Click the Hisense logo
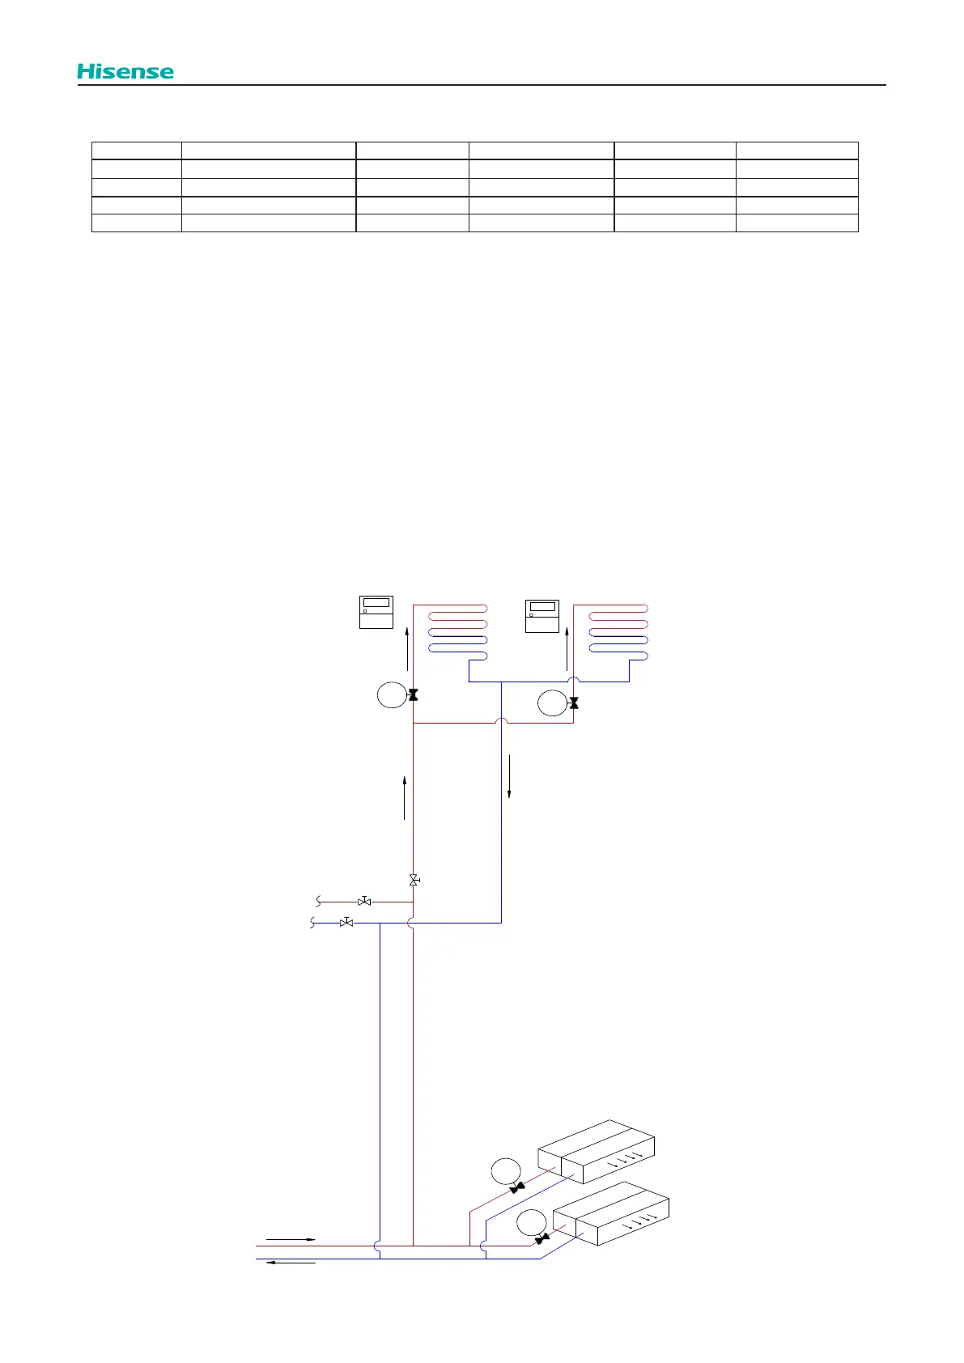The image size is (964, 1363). (x=125, y=71)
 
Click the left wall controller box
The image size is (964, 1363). (x=376, y=612)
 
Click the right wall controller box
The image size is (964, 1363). (x=542, y=616)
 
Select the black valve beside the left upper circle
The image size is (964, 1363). (x=413, y=695)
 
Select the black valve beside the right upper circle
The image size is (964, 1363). (x=574, y=703)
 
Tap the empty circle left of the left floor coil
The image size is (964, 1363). (x=392, y=695)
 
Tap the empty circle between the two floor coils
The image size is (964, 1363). (x=552, y=703)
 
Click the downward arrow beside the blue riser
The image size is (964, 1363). (x=509, y=776)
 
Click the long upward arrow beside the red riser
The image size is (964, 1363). (x=404, y=798)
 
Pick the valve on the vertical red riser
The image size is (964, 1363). (x=414, y=880)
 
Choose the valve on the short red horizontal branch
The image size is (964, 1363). (x=364, y=901)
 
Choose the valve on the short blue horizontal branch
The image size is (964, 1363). (x=346, y=923)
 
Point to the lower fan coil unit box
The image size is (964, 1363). (x=611, y=1214)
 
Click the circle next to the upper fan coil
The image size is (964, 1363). (x=506, y=1171)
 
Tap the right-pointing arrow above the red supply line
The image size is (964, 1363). (x=291, y=1239)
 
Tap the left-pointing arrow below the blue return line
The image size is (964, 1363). (x=291, y=1262)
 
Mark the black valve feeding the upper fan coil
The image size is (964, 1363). (x=517, y=1188)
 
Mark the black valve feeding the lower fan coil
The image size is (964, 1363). (x=542, y=1238)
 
